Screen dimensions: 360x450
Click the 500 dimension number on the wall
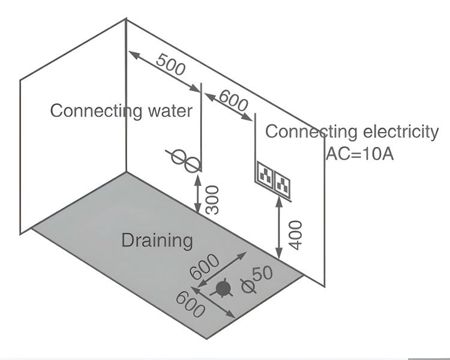point(170,63)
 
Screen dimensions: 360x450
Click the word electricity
point(396,131)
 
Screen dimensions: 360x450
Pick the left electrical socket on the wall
point(265,175)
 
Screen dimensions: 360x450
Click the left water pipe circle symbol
point(179,157)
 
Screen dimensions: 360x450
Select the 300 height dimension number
point(212,199)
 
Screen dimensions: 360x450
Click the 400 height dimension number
point(295,235)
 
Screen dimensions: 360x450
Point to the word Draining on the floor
point(157,241)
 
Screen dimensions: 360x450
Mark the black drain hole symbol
point(223,289)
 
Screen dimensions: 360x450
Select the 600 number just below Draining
point(204,268)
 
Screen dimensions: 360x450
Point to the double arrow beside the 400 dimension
point(279,229)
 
